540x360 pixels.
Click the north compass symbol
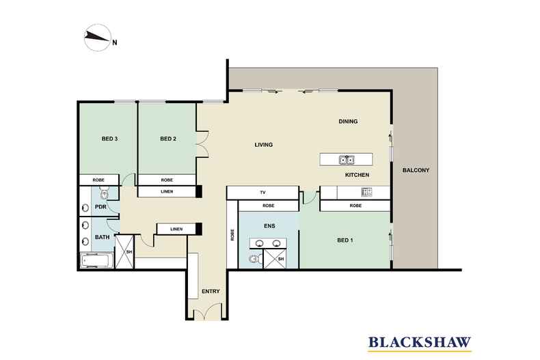pos(97,40)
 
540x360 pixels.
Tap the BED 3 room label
pos(110,139)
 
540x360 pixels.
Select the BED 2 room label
pos(168,139)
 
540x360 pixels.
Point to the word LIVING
pos(264,145)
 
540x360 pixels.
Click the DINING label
pos(348,122)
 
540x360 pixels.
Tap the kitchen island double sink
pos(346,161)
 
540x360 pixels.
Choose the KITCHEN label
pos(357,176)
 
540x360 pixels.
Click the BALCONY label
pos(416,170)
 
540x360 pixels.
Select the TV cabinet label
pos(262,192)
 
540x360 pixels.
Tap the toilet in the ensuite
pos(254,258)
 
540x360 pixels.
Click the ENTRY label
pos(211,292)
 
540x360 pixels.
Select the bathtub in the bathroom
pos(96,260)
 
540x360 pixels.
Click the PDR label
pos(100,207)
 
